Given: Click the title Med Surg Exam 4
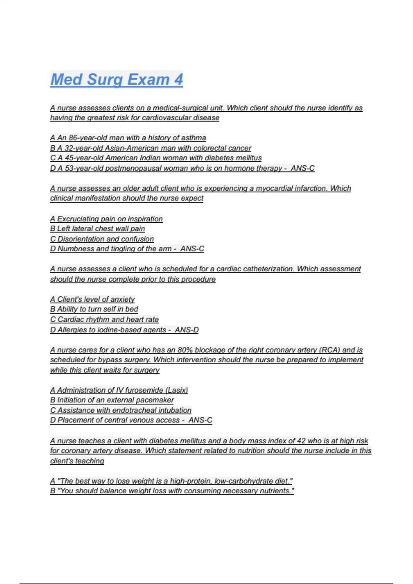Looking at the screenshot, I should (x=116, y=79).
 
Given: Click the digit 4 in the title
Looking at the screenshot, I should (x=178, y=79).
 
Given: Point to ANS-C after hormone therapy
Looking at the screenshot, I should (x=303, y=168).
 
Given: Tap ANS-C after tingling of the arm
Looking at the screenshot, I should (x=192, y=249).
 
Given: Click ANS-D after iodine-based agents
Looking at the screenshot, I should (x=187, y=330).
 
